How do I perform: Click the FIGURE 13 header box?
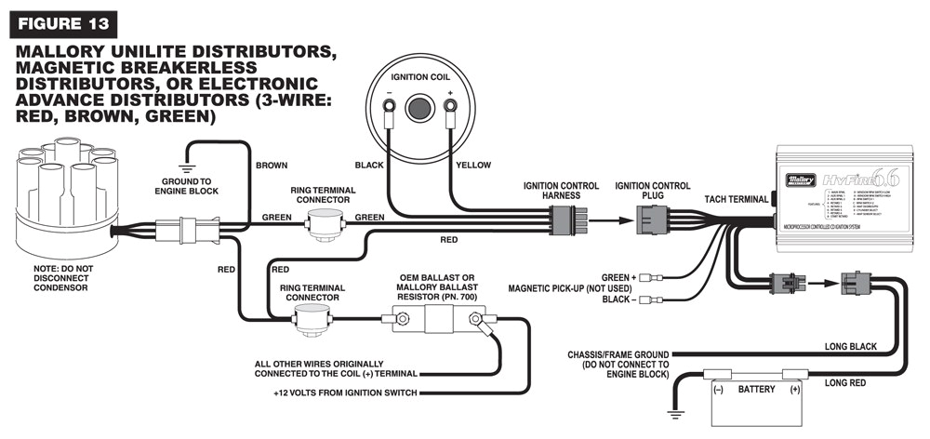pos(64,20)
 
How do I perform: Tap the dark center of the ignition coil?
pos(419,107)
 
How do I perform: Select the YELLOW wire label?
pos(472,165)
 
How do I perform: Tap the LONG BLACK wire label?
pos(850,346)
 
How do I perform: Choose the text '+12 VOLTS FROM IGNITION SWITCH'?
pos(345,392)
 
